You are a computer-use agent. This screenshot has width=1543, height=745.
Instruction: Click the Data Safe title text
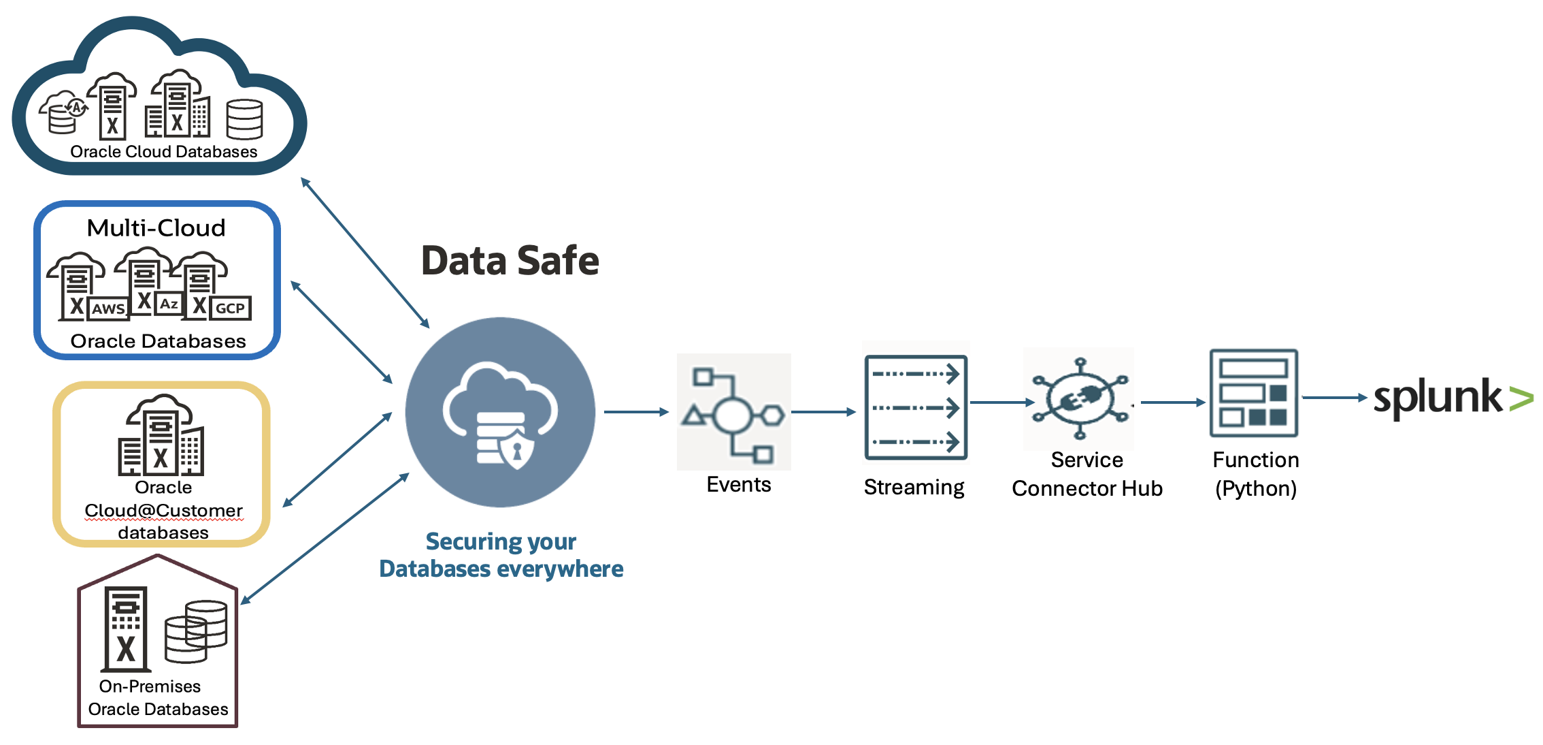(510, 261)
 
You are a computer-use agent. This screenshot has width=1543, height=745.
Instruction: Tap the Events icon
(733, 412)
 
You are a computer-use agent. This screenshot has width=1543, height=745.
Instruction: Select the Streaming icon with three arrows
(916, 407)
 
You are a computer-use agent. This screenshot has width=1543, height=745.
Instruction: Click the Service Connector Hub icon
(1079, 398)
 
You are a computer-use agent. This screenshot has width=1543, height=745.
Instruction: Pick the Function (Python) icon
(1253, 393)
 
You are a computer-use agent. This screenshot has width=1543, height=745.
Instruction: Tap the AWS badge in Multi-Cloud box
(108, 308)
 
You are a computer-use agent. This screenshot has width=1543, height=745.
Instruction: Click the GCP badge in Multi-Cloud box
(230, 308)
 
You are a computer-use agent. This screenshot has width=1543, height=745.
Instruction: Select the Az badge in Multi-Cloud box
(169, 304)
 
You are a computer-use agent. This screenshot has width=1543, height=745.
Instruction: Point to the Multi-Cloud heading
(156, 228)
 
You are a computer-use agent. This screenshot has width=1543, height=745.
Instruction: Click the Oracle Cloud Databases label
(164, 152)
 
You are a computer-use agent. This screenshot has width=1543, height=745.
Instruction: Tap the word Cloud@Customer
(163, 510)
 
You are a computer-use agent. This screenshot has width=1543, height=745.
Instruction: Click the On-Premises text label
(150, 686)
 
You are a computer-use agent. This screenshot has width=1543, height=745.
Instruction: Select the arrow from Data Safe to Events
(635, 412)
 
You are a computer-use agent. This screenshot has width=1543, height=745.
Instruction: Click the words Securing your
(501, 541)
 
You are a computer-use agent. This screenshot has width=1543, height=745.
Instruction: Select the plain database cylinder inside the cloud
(244, 119)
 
